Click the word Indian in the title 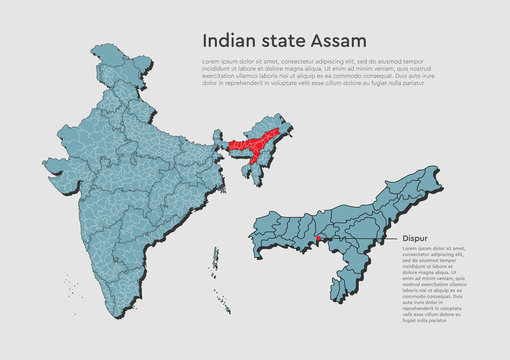click(229, 40)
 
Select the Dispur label click(415, 238)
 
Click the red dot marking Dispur click(317, 238)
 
